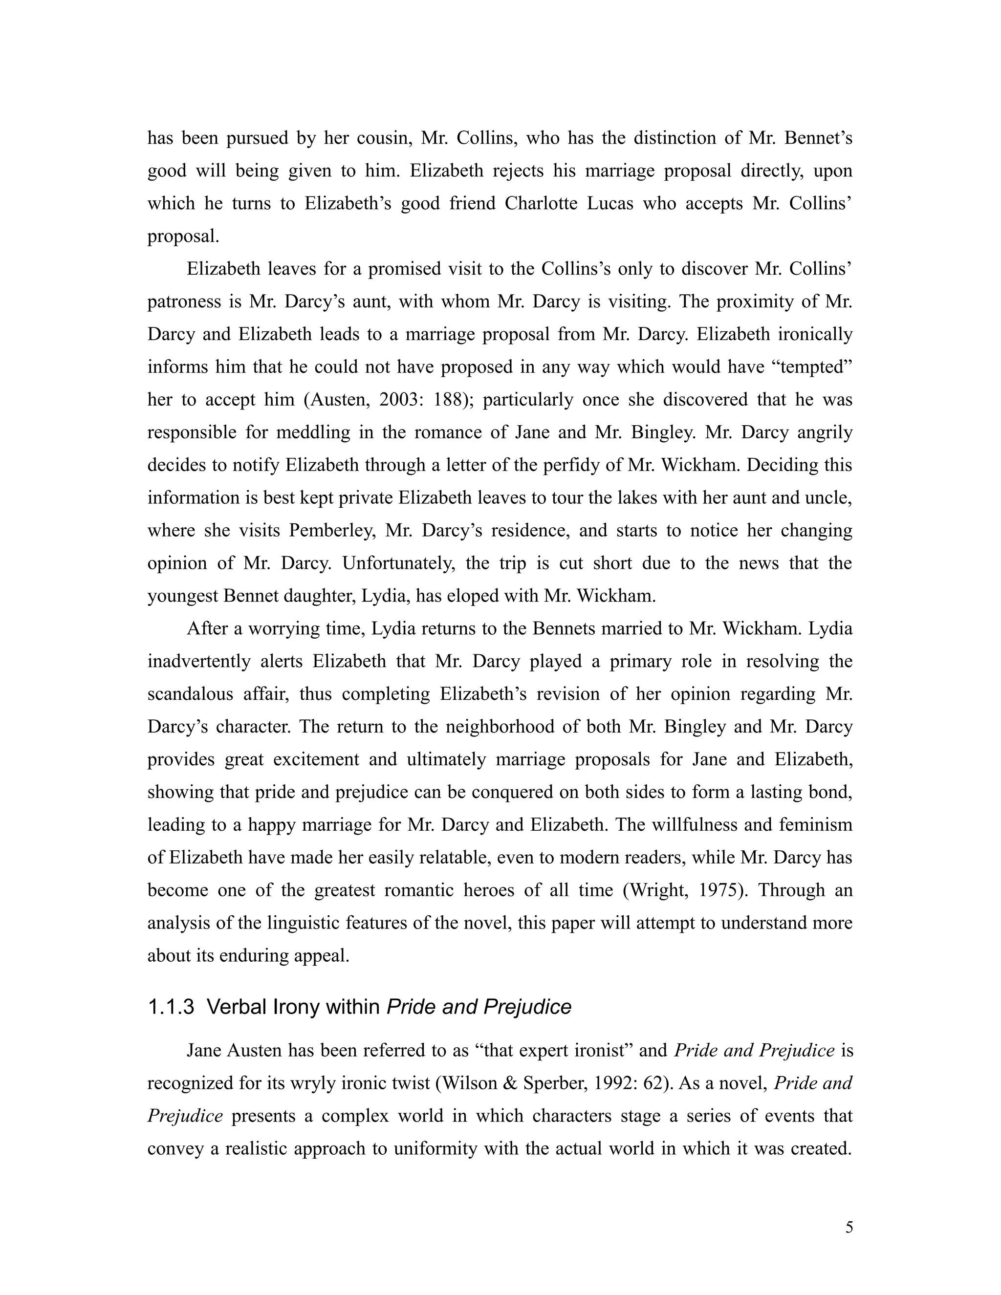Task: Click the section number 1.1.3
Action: point(171,1007)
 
